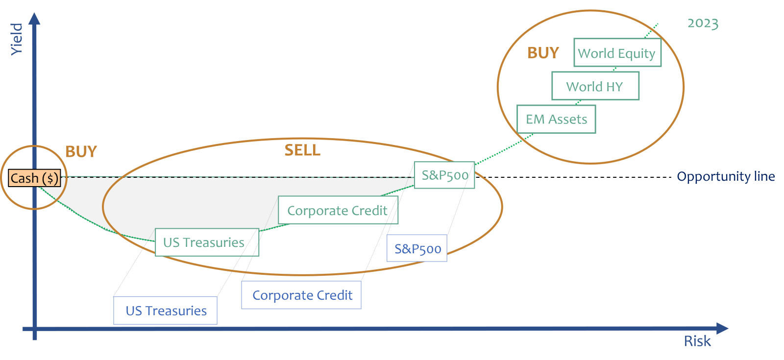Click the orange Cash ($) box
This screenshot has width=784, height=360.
pos(34,178)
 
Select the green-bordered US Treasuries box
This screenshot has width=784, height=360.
pos(207,242)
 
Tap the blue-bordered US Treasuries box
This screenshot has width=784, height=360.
pos(166,311)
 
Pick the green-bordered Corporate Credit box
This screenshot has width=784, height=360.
pos(338,211)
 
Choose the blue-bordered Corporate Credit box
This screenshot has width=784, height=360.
pos(301,295)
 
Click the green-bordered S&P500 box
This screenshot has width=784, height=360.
pos(444,175)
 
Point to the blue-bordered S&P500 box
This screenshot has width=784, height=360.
pos(417,249)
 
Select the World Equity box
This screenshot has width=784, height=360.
pos(617,53)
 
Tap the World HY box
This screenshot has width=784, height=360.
pos(595,87)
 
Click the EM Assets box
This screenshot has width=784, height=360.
pos(557,120)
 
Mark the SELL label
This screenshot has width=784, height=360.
pos(302,150)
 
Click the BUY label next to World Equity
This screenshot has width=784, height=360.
pos(543,53)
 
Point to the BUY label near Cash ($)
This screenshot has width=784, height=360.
pos(81,152)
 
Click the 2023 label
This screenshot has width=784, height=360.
pos(703,24)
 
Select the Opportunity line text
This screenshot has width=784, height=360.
pos(726,176)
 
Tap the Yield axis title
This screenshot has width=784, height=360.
pos(17,39)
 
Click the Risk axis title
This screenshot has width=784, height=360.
pos(697,341)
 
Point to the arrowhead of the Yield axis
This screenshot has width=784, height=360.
pos(34,19)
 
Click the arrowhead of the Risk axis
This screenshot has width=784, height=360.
pos(722,329)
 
